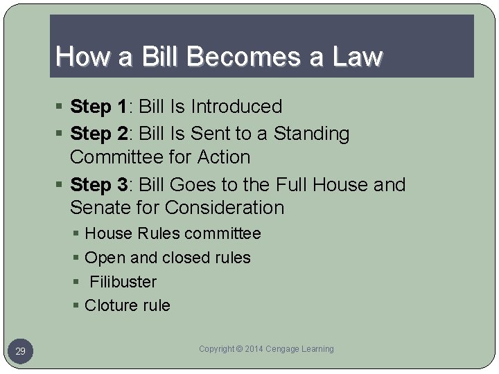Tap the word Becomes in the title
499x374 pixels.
pyautogui.click(x=226, y=56)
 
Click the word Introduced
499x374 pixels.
pyautogui.click(x=236, y=107)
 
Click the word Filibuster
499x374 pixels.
pyautogui.click(x=123, y=282)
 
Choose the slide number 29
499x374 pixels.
pyautogui.click(x=21, y=352)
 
